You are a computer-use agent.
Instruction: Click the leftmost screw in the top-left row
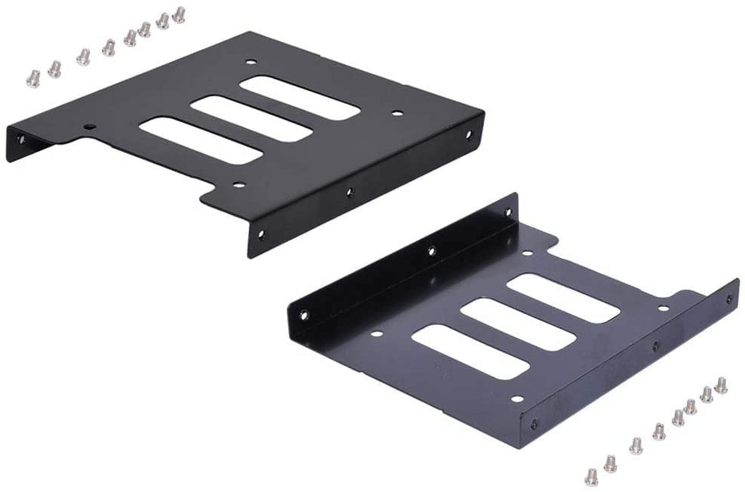click(x=33, y=78)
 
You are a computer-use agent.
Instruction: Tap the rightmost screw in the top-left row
click(x=179, y=15)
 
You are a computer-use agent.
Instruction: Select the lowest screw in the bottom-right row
click(x=591, y=477)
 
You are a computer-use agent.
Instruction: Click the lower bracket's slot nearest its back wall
click(x=563, y=298)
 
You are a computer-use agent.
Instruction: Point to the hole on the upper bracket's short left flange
click(x=21, y=140)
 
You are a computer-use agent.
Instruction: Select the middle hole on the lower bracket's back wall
click(x=432, y=250)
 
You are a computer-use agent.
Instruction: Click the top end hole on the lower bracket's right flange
click(x=728, y=299)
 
